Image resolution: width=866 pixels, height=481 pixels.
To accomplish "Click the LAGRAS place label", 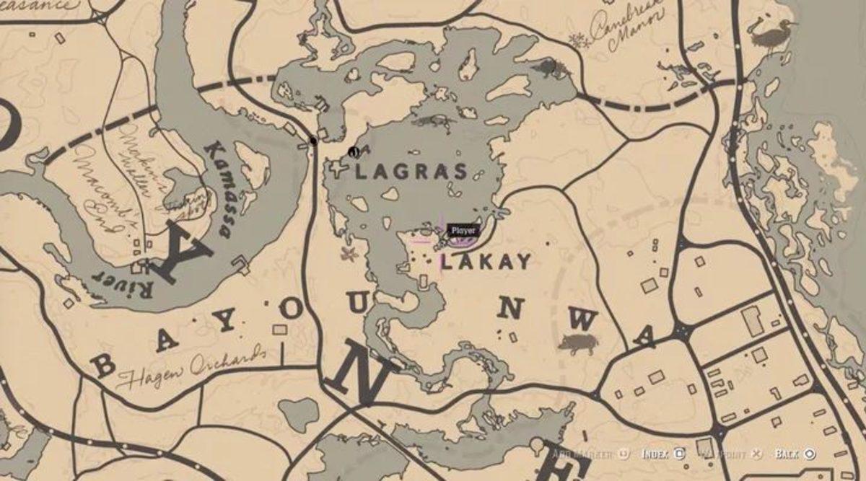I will click(x=411, y=172).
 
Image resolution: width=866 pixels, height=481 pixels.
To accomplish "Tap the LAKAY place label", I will click(x=486, y=261).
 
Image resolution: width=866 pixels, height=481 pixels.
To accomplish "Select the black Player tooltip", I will click(x=463, y=230).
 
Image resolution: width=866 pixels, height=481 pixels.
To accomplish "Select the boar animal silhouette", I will click(x=578, y=343).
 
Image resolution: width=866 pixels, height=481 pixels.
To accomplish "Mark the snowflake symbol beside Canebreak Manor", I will click(x=577, y=40).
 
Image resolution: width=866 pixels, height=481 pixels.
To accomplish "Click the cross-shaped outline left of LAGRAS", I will click(x=337, y=170).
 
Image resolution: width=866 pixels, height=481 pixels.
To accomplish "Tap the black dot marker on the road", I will click(x=313, y=141).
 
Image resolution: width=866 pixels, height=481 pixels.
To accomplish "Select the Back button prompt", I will click(x=794, y=454).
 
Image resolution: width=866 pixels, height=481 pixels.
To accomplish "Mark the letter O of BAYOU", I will click(x=289, y=309).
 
